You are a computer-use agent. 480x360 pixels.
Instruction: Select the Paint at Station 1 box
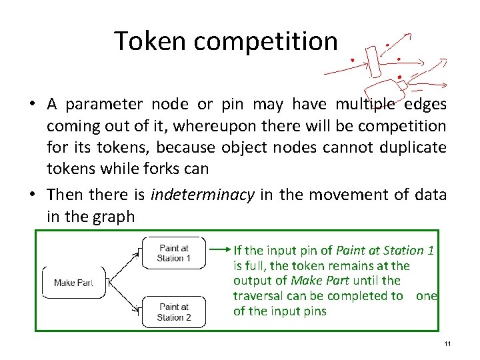(x=174, y=253)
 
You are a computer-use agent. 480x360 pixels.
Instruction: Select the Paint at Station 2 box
(x=174, y=312)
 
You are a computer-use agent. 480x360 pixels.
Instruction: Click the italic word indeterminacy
(x=203, y=195)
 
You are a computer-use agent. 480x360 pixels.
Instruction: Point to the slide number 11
(x=447, y=344)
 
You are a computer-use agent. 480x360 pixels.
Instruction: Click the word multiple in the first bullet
(x=368, y=105)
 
